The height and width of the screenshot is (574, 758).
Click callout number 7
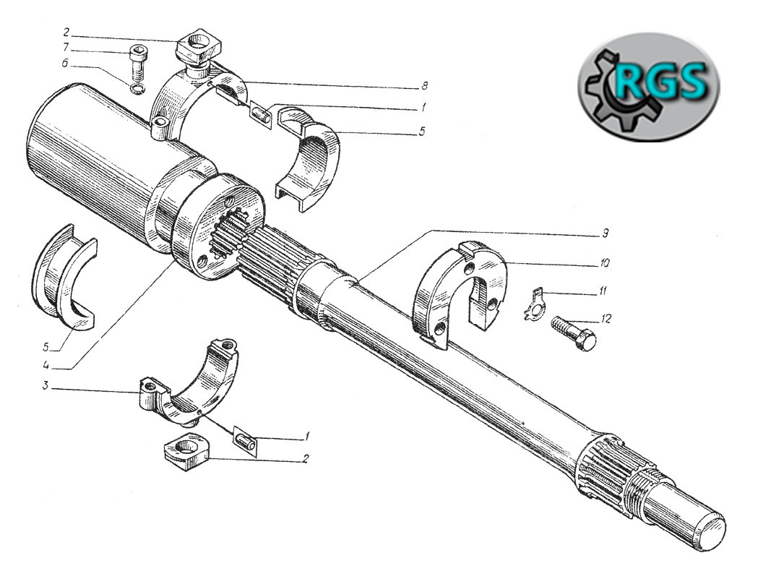tap(66, 48)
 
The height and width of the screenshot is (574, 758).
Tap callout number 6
tap(65, 64)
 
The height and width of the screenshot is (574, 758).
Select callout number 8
tap(424, 86)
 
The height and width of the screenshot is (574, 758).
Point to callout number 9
tap(604, 234)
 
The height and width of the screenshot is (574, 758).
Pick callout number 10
tap(605, 263)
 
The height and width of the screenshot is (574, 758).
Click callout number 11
tap(603, 291)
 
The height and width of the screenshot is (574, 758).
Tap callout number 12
tap(606, 319)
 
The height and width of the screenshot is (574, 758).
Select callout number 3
tap(45, 387)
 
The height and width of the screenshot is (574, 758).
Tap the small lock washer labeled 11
tap(534, 304)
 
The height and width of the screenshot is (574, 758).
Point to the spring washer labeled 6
tap(137, 89)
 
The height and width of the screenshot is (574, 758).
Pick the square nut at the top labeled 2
tap(198, 48)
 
